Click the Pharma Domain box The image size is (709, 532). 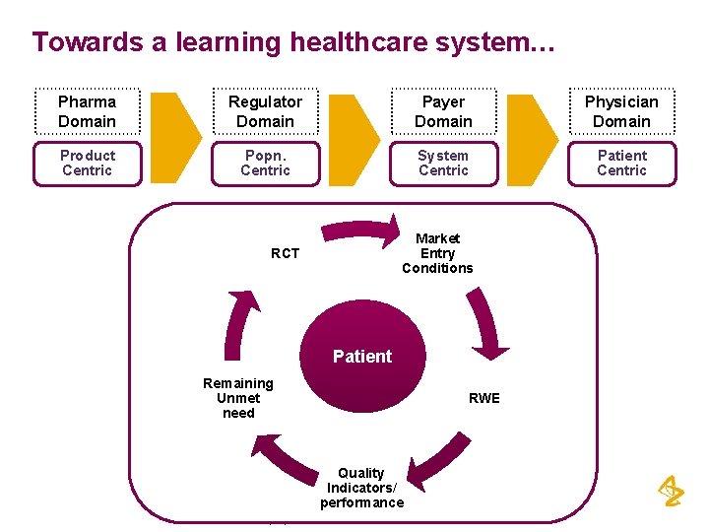(87, 111)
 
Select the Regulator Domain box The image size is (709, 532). (265, 111)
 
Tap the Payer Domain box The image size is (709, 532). (443, 111)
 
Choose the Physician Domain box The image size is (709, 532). (621, 111)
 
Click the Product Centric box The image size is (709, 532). (87, 164)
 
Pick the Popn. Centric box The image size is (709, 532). (265, 164)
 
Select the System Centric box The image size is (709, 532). (443, 164)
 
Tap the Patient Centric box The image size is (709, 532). (621, 164)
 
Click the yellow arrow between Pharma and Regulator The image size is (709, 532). (176, 138)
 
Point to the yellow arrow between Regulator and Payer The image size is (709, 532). (354, 138)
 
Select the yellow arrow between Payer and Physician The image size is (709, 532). (533, 138)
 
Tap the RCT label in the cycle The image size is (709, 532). (285, 253)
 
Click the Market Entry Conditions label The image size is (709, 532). (437, 253)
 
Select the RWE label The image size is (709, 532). (483, 398)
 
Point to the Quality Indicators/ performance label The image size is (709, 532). (361, 488)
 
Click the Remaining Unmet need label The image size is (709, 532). (238, 398)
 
